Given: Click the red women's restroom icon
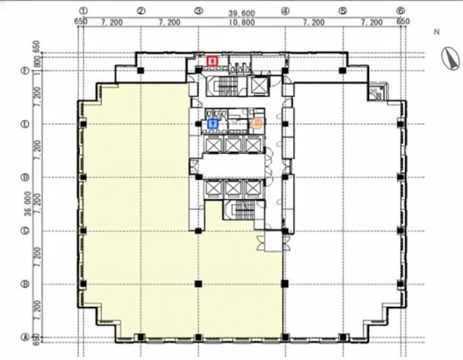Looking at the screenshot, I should point(212,61).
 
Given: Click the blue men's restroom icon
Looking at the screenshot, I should point(213,124).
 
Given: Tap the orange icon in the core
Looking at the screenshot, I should point(255,124).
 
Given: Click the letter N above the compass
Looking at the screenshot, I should point(436,32).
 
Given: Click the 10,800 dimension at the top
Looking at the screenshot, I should point(242,22).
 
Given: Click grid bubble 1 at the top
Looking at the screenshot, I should point(83,12).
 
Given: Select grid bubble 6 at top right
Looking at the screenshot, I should point(400,12).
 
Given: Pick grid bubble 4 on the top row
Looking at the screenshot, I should point(285,12).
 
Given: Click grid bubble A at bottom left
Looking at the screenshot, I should point(25,336).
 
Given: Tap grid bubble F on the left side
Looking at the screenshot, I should point(25,71).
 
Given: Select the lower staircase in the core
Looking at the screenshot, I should point(242,210).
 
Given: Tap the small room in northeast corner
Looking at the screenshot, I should point(375,92).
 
